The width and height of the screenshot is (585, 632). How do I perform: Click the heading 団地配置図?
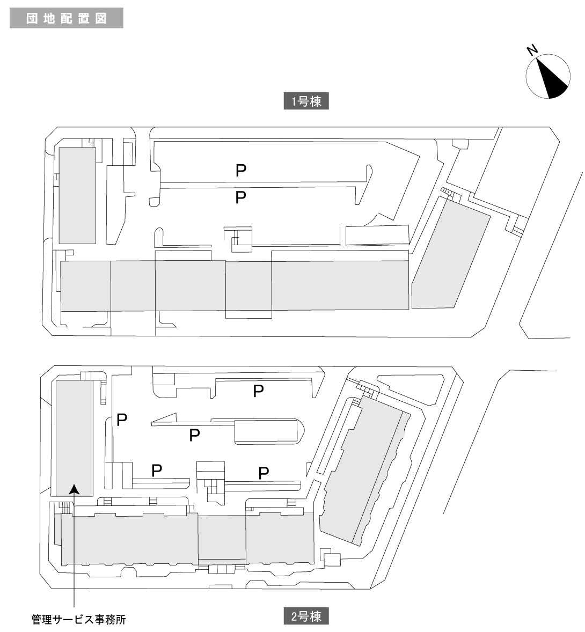pyautogui.click(x=67, y=18)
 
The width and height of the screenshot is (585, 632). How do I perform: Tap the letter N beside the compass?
pyautogui.click(x=532, y=50)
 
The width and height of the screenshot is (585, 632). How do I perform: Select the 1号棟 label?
pyautogui.click(x=306, y=101)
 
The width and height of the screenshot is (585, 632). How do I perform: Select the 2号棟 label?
pyautogui.click(x=306, y=616)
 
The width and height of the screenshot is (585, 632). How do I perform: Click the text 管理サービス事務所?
pyautogui.click(x=78, y=620)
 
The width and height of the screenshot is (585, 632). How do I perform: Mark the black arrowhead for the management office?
pyautogui.click(x=75, y=488)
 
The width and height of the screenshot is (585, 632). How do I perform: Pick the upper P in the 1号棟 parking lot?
pyautogui.click(x=241, y=171)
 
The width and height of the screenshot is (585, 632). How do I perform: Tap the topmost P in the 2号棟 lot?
pyautogui.click(x=258, y=391)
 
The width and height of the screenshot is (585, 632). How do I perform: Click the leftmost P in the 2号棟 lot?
pyautogui.click(x=122, y=418)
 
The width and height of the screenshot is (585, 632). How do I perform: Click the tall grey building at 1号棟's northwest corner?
pyautogui.click(x=77, y=195)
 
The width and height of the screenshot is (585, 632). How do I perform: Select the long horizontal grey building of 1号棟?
pyautogui.click(x=234, y=285)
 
